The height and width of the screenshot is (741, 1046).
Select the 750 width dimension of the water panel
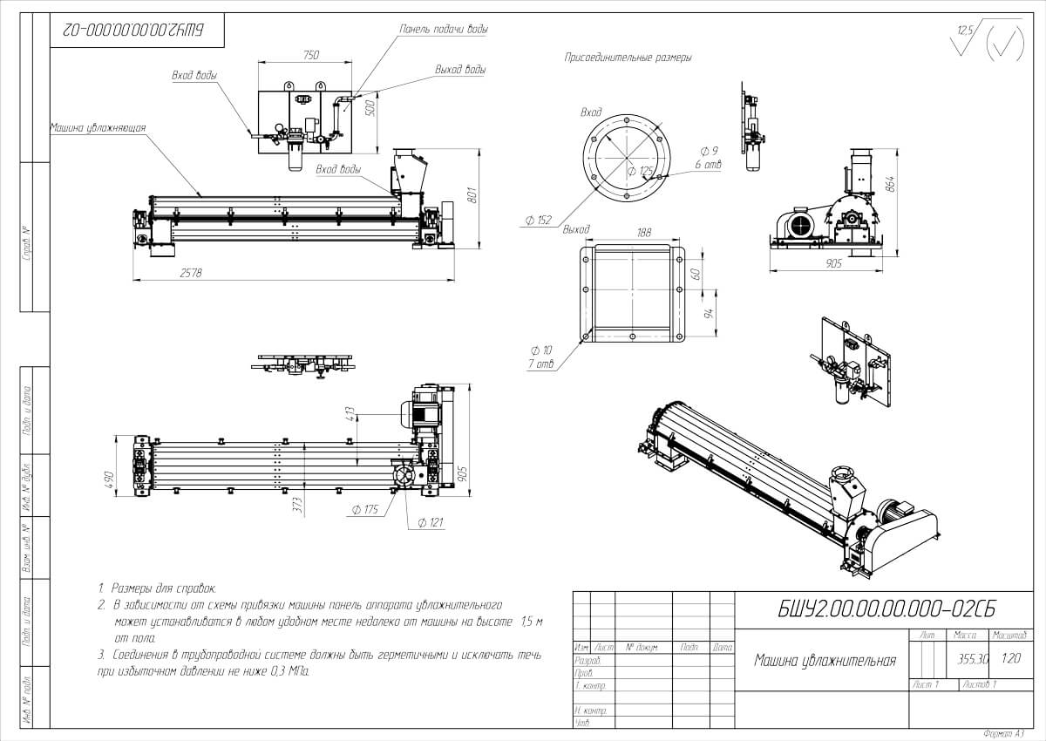[x=309, y=55]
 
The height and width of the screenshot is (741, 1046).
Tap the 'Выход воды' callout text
[x=460, y=70]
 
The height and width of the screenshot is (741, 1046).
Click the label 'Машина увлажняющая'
[x=97, y=127]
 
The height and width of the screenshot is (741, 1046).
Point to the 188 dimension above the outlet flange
[x=644, y=233]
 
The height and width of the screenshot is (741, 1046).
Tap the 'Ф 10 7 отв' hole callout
[x=540, y=356]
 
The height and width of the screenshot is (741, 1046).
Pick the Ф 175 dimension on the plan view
[x=363, y=510]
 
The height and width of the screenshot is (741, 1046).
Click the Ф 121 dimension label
[x=432, y=522]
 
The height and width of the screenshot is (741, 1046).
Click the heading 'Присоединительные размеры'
[x=628, y=58]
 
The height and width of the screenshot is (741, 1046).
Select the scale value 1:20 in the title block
[x=1011, y=659]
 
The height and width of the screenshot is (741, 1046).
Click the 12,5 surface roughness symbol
[x=965, y=31]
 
